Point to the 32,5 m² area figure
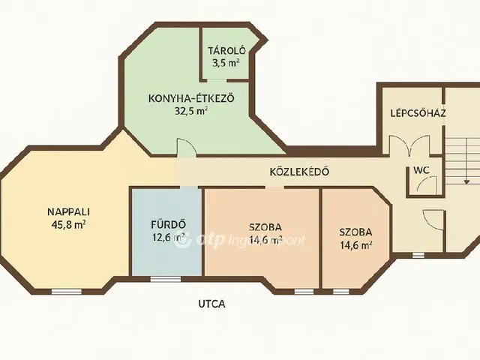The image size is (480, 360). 190,109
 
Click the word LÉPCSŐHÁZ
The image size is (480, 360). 418,113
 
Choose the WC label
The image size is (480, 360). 420,169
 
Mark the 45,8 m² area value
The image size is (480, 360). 67,223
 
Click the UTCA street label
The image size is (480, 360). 211,304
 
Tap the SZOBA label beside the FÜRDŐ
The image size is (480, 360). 265,226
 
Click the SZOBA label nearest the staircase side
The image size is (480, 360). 354,232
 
